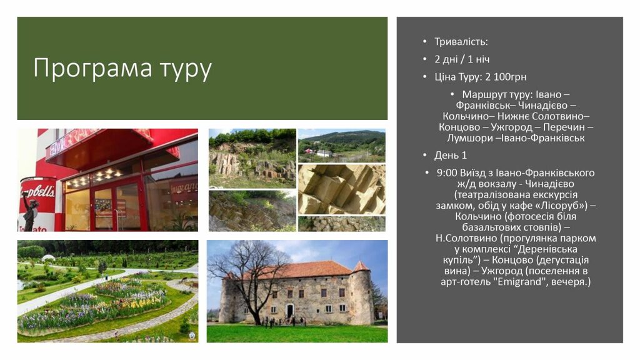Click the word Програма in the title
92,67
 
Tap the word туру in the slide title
186,69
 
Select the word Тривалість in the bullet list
460,42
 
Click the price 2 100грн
506,77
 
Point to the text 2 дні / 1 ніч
462,59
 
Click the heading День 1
450,155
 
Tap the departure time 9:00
447,172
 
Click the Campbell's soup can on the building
37,202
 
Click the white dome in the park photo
48,257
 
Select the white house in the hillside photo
324,154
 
